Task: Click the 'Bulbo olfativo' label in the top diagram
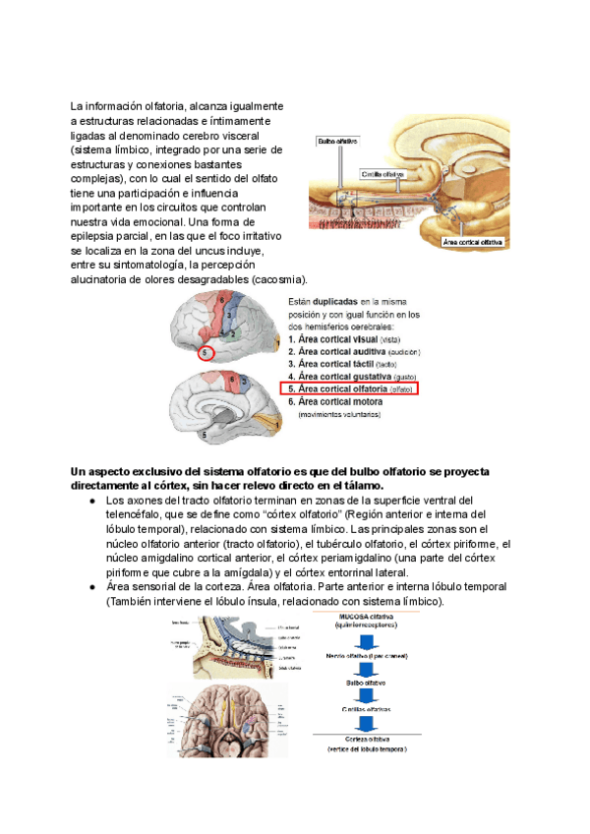(x=336, y=142)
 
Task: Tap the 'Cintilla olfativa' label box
(x=383, y=174)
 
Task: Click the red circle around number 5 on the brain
(x=205, y=353)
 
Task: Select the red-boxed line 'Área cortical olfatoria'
(x=349, y=389)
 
